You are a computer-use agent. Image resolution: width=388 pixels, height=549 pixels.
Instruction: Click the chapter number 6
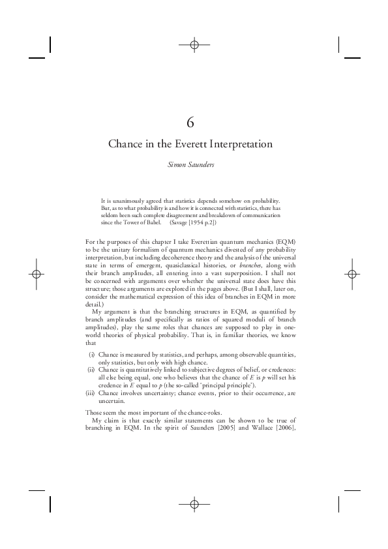(194, 122)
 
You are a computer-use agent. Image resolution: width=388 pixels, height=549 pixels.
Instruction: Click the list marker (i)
(91, 354)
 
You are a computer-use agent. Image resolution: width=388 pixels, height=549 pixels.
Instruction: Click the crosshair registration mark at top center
(194, 44)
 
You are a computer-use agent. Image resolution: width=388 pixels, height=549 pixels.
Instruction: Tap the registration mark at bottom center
(194, 504)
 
